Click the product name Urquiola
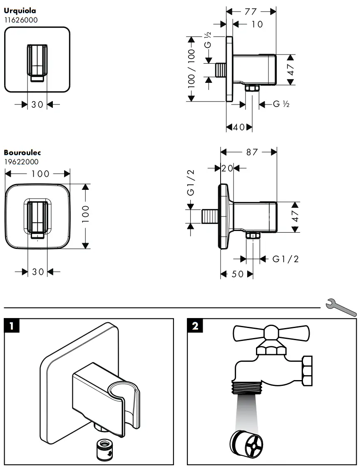pos(20,11)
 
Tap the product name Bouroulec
pos(22,153)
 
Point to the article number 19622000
pos(21,162)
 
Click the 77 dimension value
pos(251,12)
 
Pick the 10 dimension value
pos(258,25)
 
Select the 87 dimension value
pos(252,152)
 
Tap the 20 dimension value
pos(227,168)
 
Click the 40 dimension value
pos(239,127)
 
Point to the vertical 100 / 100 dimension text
pos(191,68)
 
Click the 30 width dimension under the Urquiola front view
pos(37,105)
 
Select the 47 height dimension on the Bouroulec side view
pos(295,216)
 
